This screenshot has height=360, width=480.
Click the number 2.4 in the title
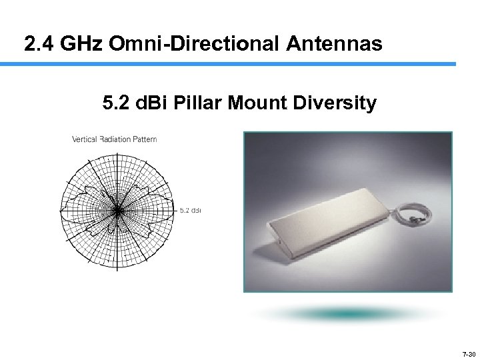pyautogui.click(x=39, y=45)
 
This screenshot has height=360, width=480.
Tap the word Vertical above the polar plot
pyautogui.click(x=84, y=139)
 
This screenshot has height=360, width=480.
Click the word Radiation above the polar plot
pyautogui.click(x=117, y=139)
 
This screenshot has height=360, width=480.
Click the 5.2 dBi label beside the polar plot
pyautogui.click(x=191, y=211)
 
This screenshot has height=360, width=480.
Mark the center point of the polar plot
pyautogui.click(x=117, y=211)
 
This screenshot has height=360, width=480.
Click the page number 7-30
pyautogui.click(x=469, y=354)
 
